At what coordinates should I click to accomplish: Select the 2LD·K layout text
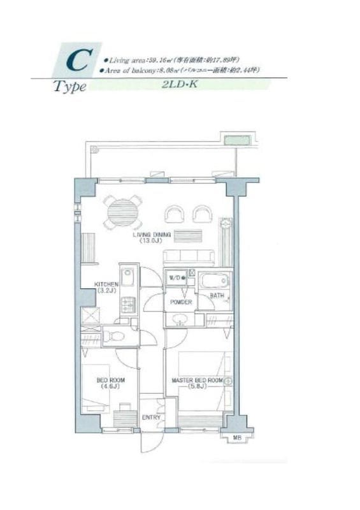(x=181, y=84)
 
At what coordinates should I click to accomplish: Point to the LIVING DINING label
(x=152, y=235)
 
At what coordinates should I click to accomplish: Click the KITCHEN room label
(x=106, y=284)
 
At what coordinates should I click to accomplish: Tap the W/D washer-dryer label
(x=175, y=277)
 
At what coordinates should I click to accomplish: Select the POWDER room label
(x=181, y=302)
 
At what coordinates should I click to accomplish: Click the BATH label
(x=217, y=296)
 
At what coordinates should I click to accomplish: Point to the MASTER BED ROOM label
(x=197, y=381)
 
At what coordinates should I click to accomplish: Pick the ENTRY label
(x=150, y=418)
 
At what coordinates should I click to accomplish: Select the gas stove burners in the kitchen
(x=128, y=305)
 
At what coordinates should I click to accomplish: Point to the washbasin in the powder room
(x=181, y=319)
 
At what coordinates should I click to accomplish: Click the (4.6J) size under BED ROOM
(x=108, y=386)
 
